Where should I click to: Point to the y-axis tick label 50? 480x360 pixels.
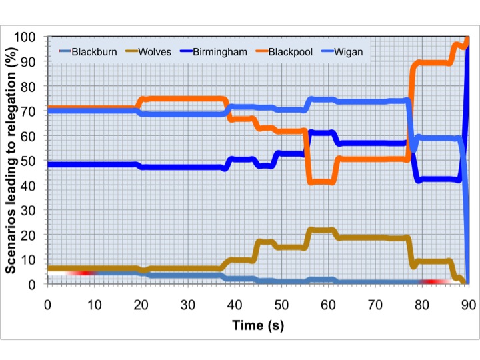pyautogui.click(x=32, y=161)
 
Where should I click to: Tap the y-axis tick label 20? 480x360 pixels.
pyautogui.click(x=32, y=235)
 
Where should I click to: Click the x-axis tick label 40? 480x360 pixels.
pyautogui.click(x=233, y=305)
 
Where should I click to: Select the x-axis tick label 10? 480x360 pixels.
pyautogui.click(x=93, y=305)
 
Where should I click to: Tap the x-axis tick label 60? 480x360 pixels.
pyautogui.click(x=327, y=305)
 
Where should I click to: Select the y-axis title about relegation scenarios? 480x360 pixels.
pyautogui.click(x=12, y=160)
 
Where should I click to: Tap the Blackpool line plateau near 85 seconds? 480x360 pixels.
pyautogui.click(x=433, y=63)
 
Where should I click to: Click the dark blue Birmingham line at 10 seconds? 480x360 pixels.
pyautogui.click(x=93, y=164)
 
